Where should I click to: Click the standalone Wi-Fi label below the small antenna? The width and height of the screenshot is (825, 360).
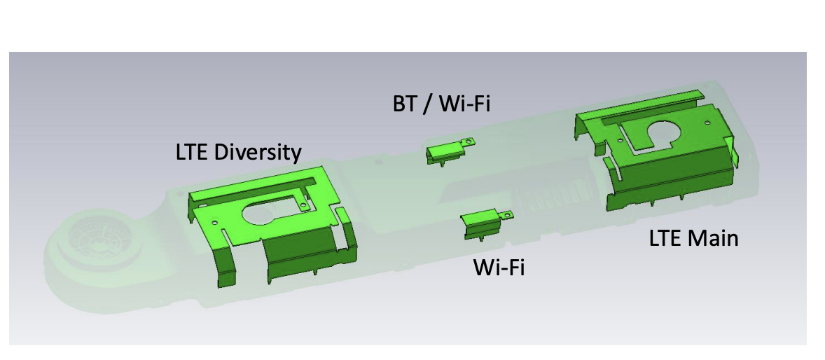[499, 268]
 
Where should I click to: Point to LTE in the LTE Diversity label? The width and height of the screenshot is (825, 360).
[193, 153]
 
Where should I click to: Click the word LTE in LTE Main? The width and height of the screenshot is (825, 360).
[666, 239]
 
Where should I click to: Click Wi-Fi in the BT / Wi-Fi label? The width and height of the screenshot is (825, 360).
[464, 104]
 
